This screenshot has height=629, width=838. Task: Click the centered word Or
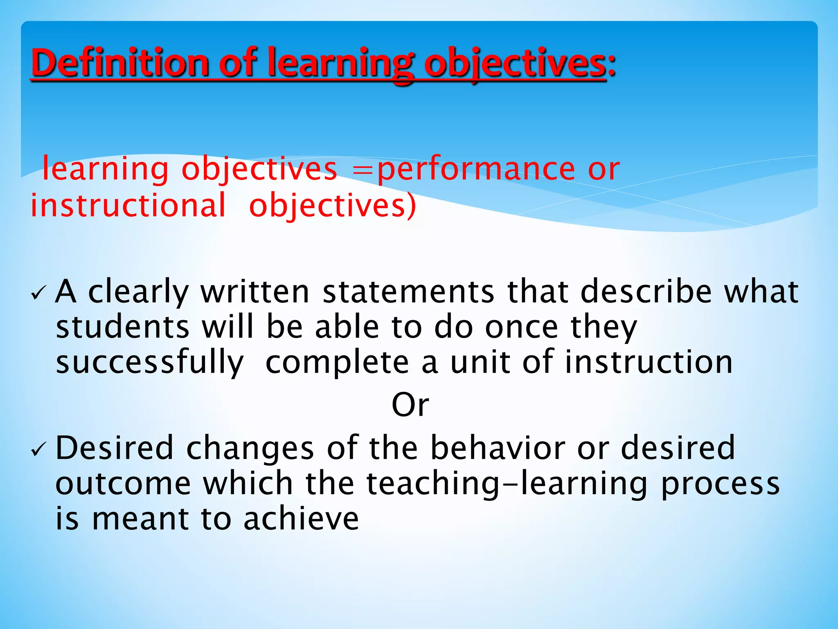[410, 405]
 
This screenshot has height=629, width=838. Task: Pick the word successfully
[150, 363]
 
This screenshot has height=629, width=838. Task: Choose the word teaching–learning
[507, 484]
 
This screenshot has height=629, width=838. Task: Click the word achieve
[301, 519]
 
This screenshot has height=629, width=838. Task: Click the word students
[122, 327]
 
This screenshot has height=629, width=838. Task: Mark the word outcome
[123, 484]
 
